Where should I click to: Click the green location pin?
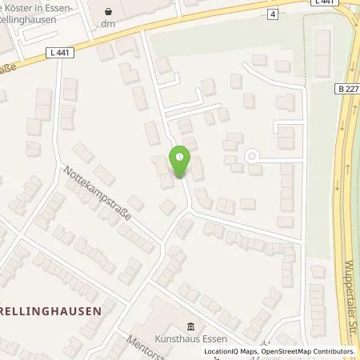(179, 163)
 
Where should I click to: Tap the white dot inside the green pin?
(179, 157)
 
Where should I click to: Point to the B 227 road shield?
(347, 90)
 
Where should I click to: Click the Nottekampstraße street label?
(97, 194)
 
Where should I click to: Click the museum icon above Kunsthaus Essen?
(191, 326)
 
